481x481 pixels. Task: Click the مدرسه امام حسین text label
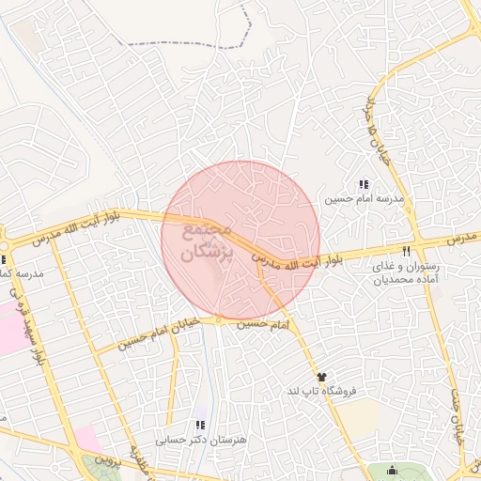click(364, 199)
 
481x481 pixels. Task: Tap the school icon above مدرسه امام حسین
click(364, 184)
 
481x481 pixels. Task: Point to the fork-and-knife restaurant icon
click(406, 251)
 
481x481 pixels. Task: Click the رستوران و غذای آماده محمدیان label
click(405, 272)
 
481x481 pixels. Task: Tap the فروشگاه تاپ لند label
click(324, 390)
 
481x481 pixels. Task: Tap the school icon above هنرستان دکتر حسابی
click(198, 425)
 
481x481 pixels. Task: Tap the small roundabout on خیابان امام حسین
click(218, 320)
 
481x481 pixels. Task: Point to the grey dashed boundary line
click(188, 44)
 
